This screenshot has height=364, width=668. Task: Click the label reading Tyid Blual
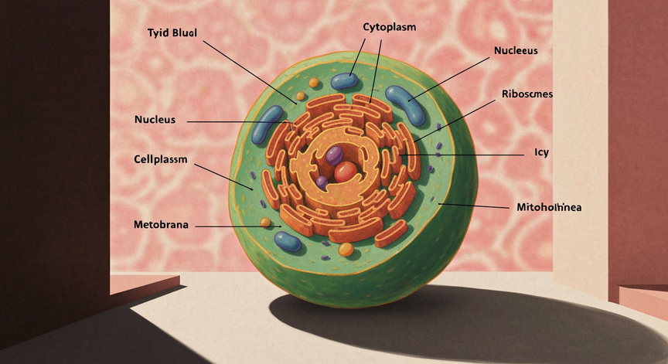point(172,33)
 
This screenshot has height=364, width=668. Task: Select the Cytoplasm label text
point(390,27)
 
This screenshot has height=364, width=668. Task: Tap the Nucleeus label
point(516,51)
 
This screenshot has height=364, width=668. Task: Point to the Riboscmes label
point(527,94)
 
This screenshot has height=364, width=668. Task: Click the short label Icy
point(541,152)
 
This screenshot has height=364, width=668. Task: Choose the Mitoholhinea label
point(549,207)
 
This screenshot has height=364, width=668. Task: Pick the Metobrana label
point(161,225)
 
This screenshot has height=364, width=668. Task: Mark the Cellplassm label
point(161,159)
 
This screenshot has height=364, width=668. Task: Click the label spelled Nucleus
point(155,120)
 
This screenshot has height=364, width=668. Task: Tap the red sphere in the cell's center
point(346,172)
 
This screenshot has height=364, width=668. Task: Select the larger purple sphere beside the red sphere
point(335,156)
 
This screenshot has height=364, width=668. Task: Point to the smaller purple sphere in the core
point(322,182)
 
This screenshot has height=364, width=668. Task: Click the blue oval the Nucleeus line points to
point(405,106)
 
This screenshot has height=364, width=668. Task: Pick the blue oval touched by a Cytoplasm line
point(344,81)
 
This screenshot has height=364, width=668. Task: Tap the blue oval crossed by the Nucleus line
point(267,124)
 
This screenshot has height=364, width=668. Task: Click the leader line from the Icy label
point(463,155)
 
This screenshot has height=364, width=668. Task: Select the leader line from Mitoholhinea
point(473,206)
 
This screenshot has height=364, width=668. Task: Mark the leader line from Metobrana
point(237,227)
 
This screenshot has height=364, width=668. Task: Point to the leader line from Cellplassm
point(223,177)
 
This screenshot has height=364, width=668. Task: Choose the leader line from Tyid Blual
point(250,73)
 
